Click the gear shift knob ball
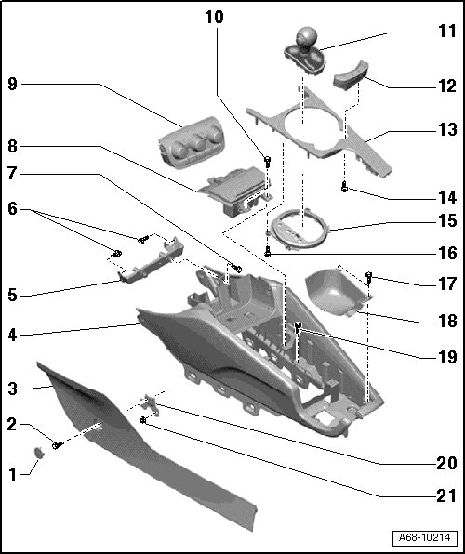tap(306, 36)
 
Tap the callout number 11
tap(447, 31)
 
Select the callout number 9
tap(12, 84)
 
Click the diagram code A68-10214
tap(425, 537)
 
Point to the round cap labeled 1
tap(39, 453)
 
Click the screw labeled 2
tap(58, 445)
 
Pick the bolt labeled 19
tap(299, 328)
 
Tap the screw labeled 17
tap(368, 277)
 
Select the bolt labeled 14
tap(344, 187)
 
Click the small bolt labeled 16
tap(268, 250)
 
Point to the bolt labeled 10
tap(268, 162)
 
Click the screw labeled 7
tap(236, 268)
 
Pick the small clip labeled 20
tap(151, 403)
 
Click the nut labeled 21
tap(143, 420)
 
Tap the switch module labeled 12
tap(351, 75)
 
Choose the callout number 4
tap(12, 336)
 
